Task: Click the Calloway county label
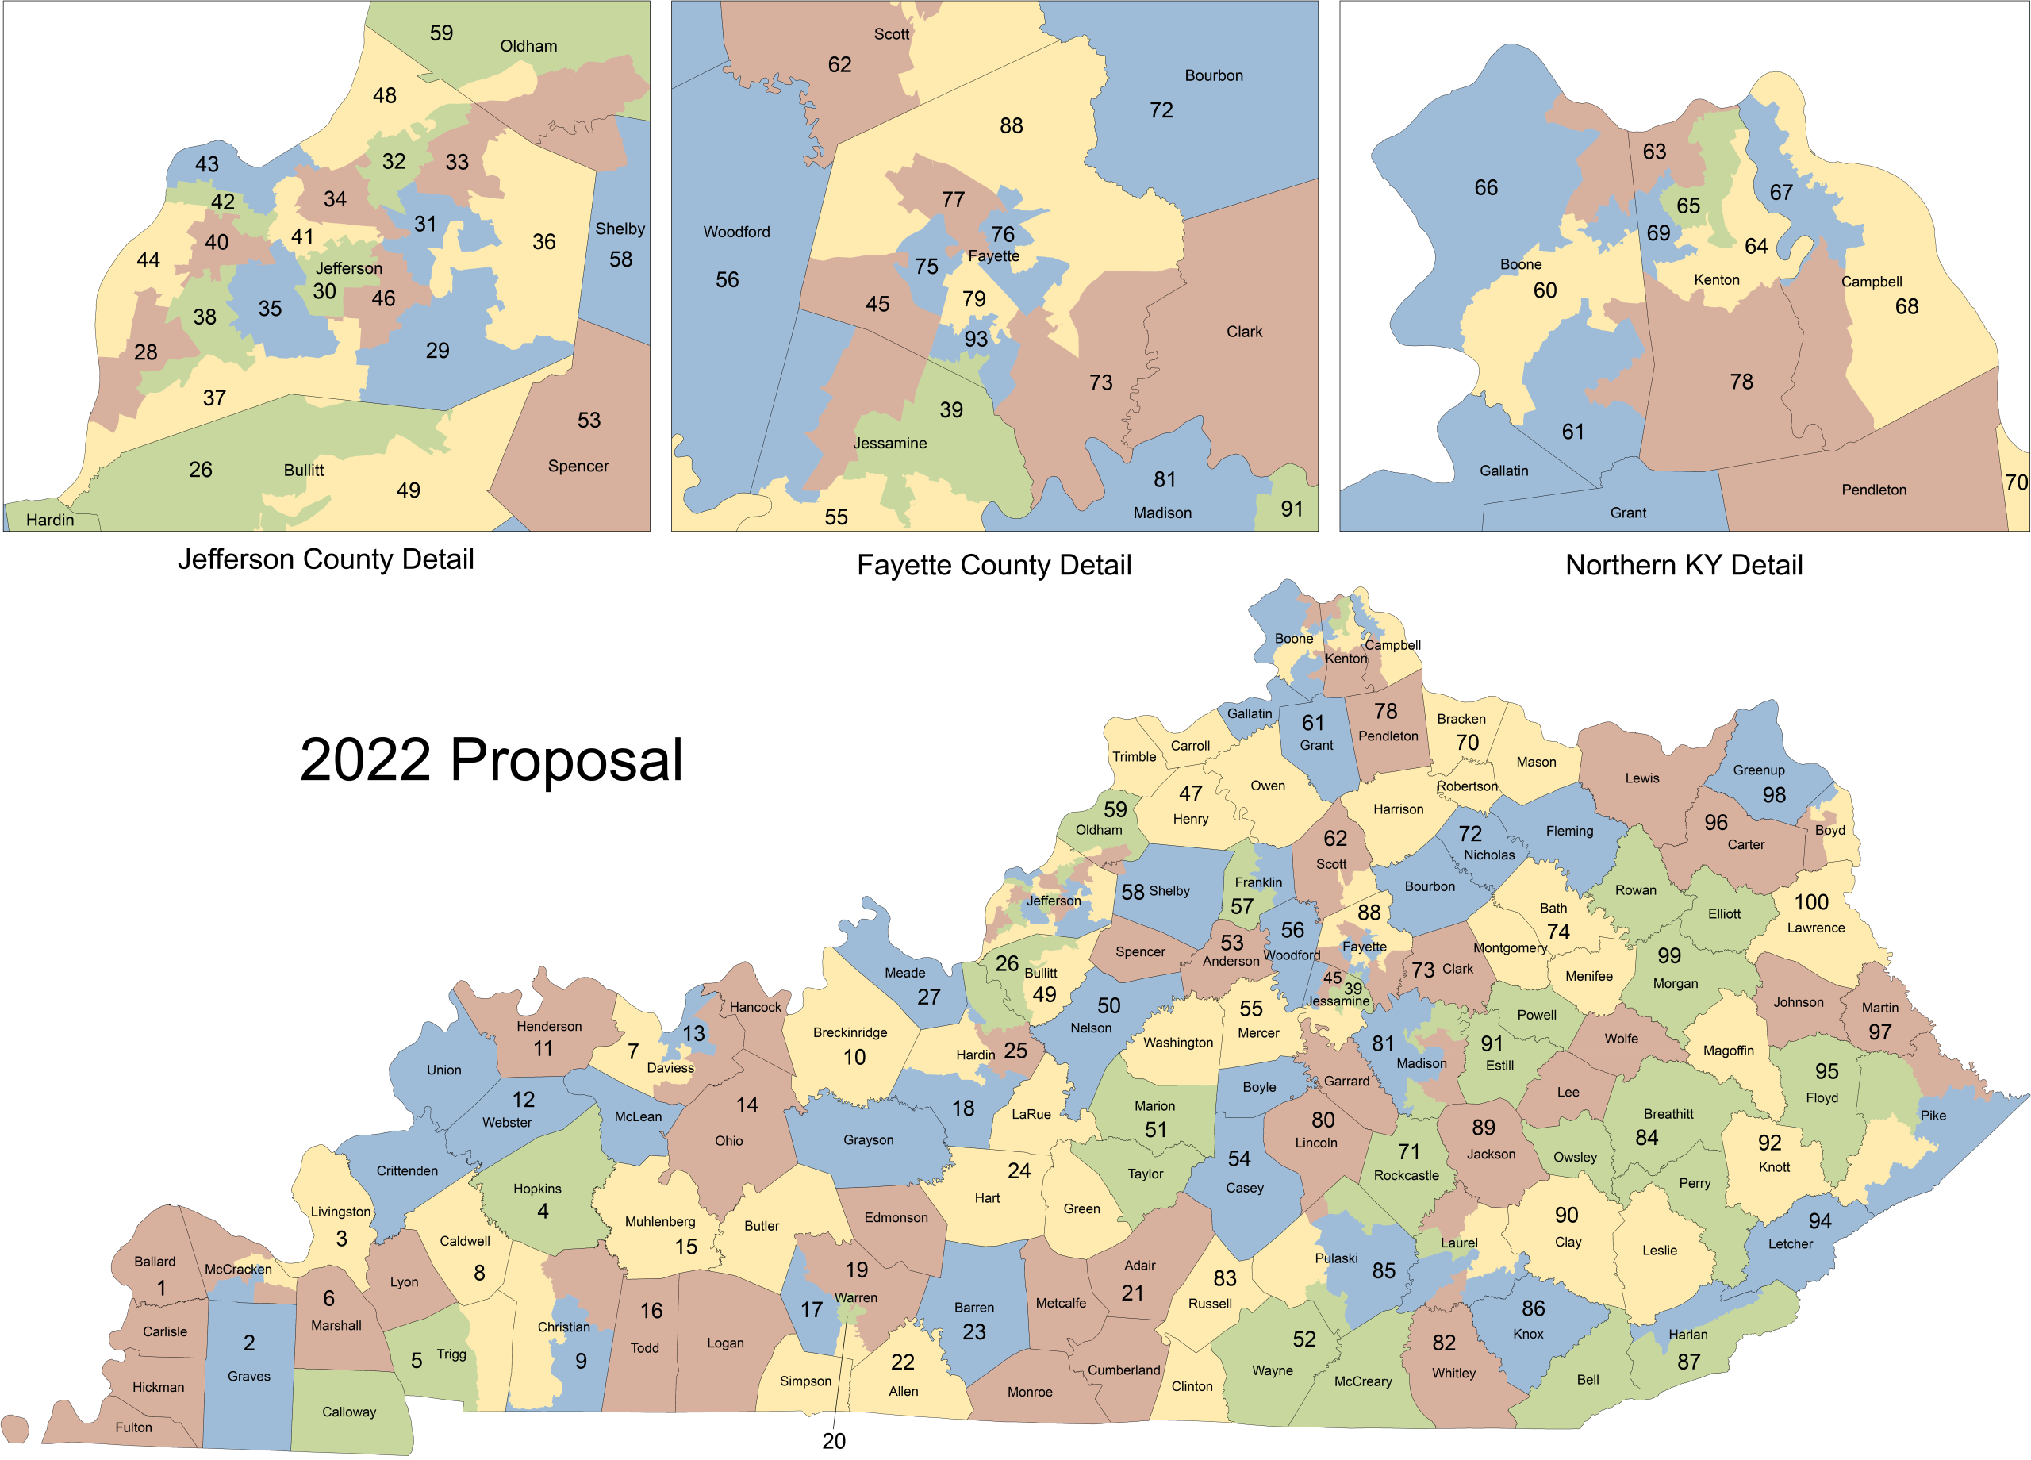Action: click(348, 1412)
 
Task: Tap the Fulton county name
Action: click(133, 1427)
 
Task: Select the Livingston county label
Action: click(340, 1212)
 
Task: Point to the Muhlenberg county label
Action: click(660, 1222)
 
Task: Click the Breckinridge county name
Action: click(850, 1033)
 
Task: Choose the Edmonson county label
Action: click(896, 1218)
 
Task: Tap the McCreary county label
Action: click(1363, 1382)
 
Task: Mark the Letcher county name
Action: click(1790, 1244)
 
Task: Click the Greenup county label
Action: click(1759, 770)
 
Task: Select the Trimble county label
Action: click(1135, 757)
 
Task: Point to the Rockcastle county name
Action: click(1406, 1176)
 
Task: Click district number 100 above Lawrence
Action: click(1811, 902)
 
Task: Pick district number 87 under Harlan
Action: click(1689, 1362)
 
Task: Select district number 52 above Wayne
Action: click(1303, 1339)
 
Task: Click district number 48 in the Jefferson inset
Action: click(384, 96)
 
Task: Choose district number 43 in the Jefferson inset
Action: click(207, 165)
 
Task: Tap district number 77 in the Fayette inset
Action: click(953, 200)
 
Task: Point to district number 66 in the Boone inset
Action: click(1486, 188)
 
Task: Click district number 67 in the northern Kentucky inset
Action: click(1781, 193)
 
